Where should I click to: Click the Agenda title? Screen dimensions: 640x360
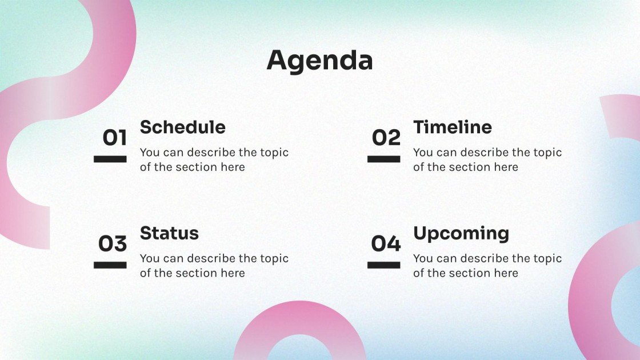[x=319, y=61]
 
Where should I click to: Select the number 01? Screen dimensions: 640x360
[x=115, y=138]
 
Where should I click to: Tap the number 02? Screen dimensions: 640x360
[x=386, y=138]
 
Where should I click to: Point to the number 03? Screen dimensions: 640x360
[x=113, y=243]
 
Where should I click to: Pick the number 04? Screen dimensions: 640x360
[x=386, y=243]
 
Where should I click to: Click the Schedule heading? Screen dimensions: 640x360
[x=183, y=127]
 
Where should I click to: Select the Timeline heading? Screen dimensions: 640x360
[x=453, y=127]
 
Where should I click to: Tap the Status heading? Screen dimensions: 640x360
[x=169, y=234]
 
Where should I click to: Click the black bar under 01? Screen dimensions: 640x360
[x=110, y=159]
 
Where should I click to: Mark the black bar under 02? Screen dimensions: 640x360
[x=383, y=159]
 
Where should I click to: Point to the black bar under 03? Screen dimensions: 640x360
[x=110, y=265]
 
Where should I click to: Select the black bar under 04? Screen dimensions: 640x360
[x=383, y=265]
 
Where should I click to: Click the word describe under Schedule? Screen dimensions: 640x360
[x=211, y=152]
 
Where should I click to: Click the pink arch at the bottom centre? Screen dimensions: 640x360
[x=300, y=322]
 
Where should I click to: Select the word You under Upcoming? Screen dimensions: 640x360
[x=422, y=258]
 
